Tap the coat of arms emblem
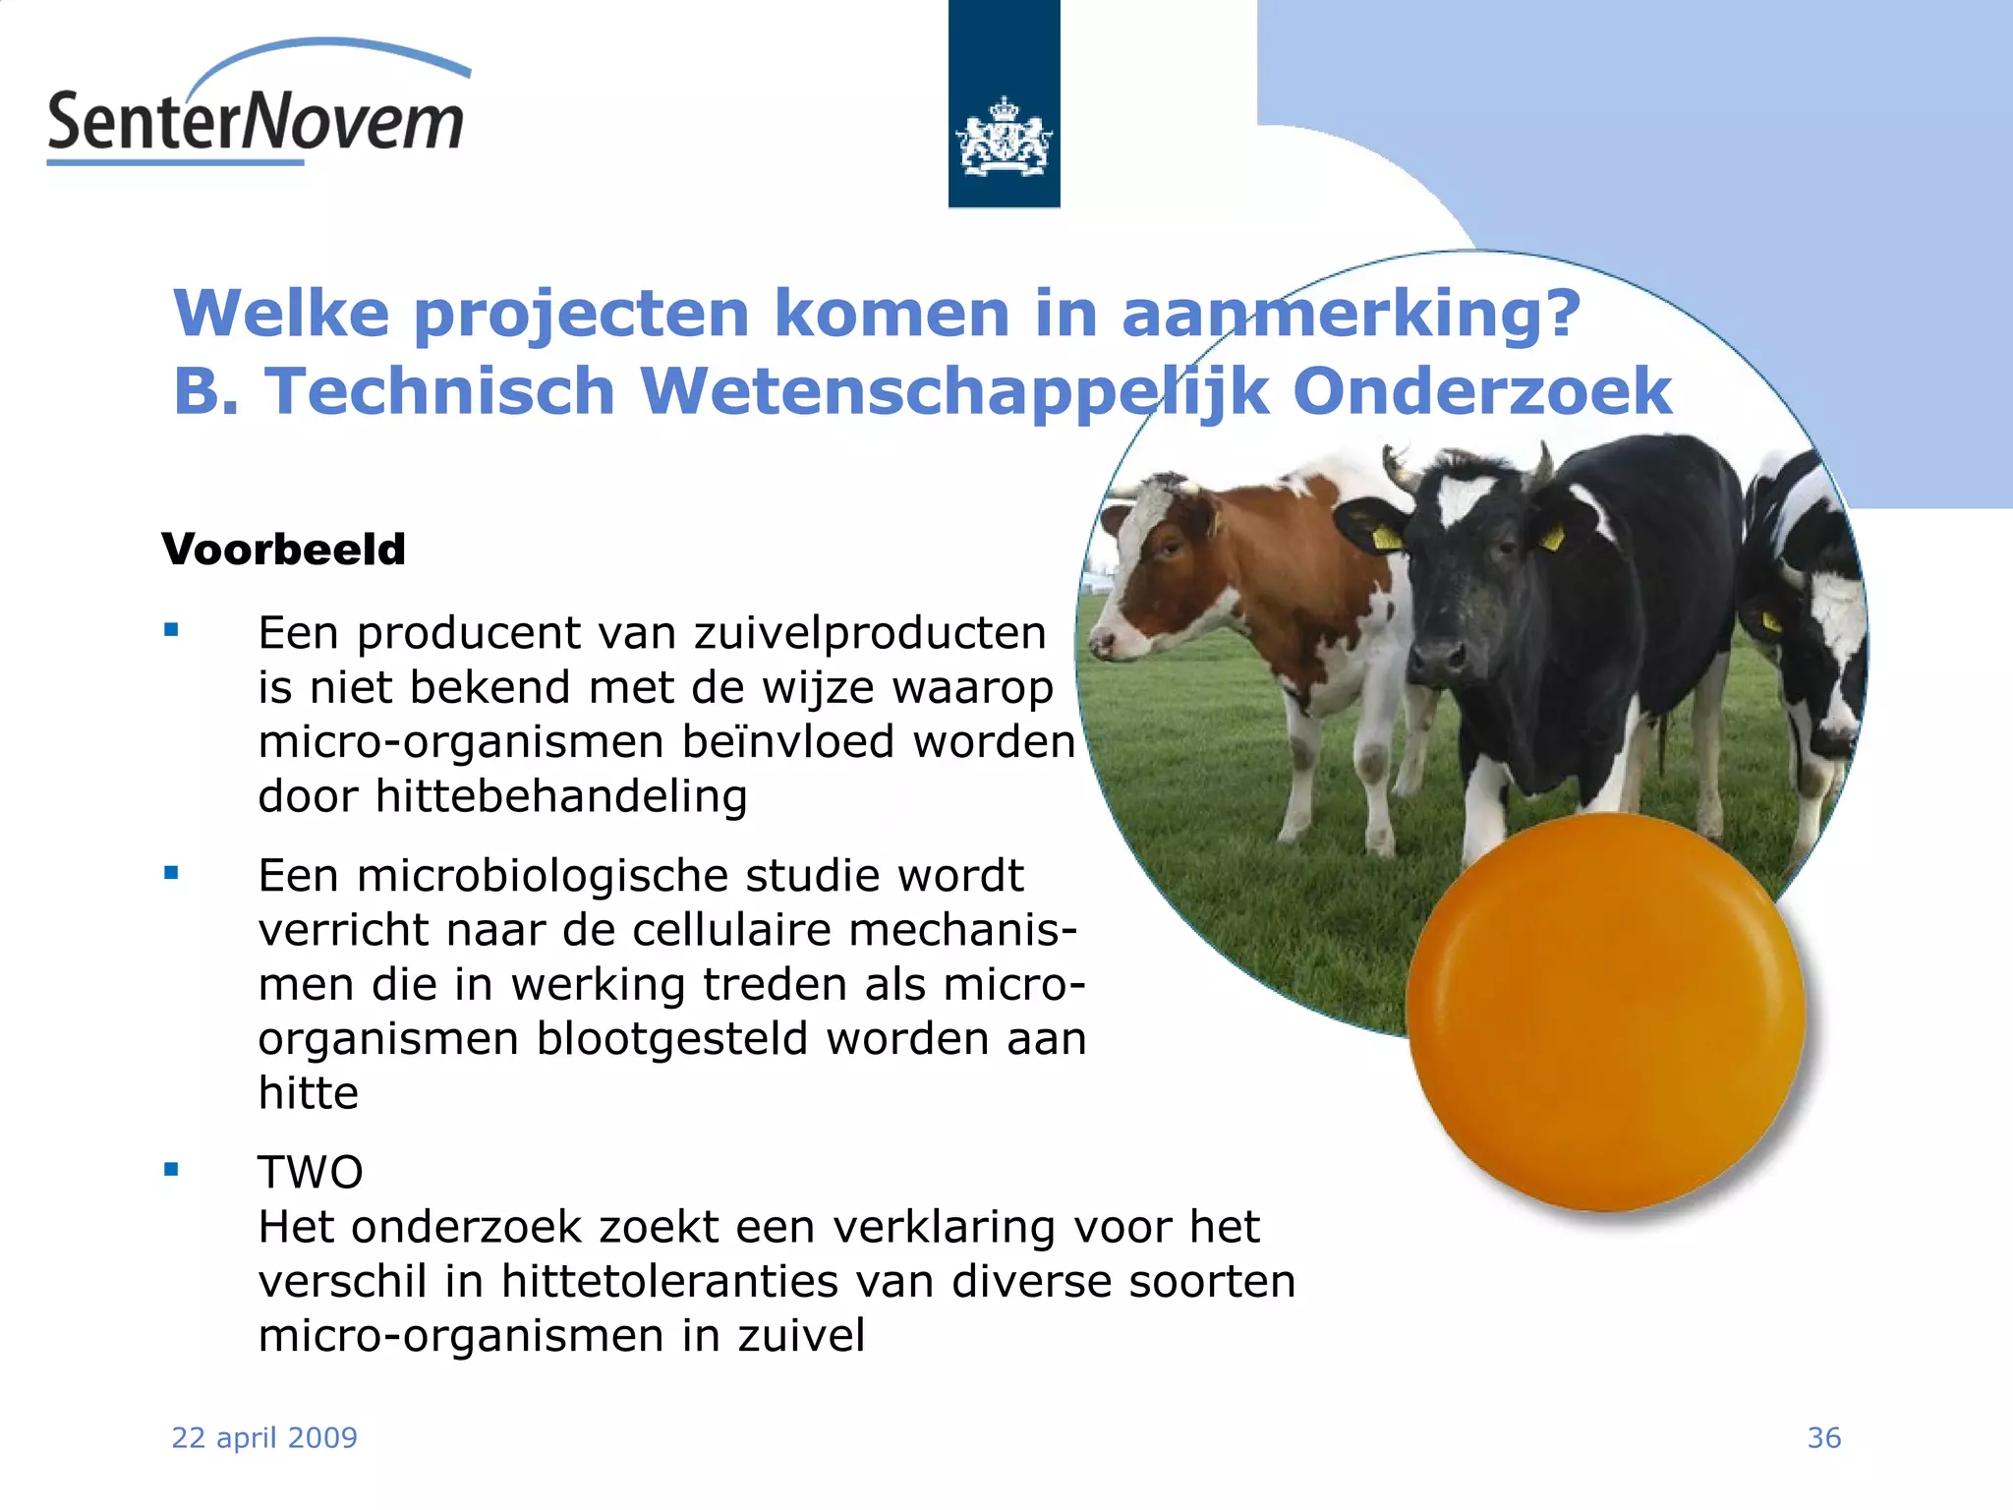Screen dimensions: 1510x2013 coord(1004,138)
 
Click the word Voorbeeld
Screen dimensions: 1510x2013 coord(284,550)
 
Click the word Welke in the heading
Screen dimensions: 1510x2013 coord(281,314)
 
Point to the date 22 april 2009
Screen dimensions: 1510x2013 coord(264,1438)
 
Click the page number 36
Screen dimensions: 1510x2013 coord(1823,1438)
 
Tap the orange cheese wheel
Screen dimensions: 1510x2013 coord(1605,1013)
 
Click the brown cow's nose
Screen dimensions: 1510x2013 coord(1103,644)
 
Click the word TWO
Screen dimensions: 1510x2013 coord(311,1173)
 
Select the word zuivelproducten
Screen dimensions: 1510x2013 coord(870,633)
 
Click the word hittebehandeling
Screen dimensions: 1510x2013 coord(561,796)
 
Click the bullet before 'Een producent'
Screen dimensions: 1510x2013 coord(172,630)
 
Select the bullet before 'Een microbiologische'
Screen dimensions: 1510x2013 coord(172,872)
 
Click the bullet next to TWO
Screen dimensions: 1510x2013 coord(172,1169)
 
